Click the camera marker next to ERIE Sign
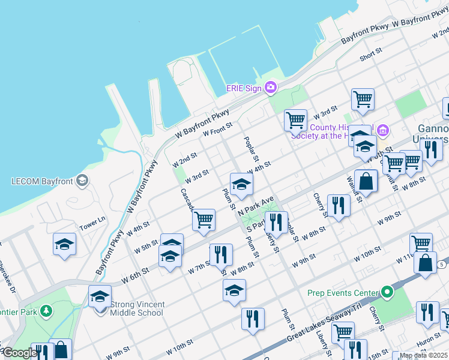[271, 88]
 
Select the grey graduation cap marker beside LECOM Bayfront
[83, 180]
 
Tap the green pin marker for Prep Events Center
[387, 293]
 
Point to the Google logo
[20, 353]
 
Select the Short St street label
[370, 55]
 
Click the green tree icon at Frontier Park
[46, 311]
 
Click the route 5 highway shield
[441, 264]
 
